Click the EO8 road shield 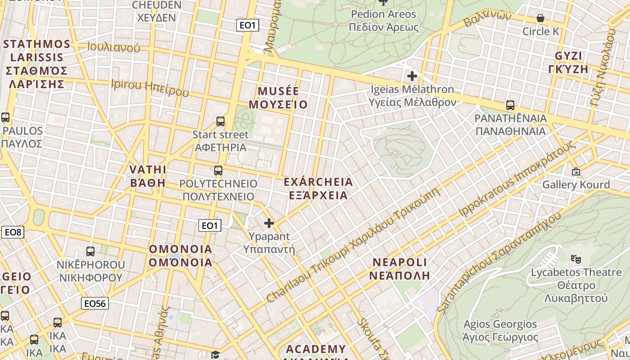click(x=13, y=232)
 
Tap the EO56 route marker click(x=95, y=303)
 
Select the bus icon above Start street click(x=220, y=121)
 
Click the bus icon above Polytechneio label click(x=218, y=171)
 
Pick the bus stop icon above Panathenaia click(x=510, y=105)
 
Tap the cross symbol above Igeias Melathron click(x=412, y=76)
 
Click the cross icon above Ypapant click(x=269, y=223)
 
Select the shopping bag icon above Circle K click(x=540, y=18)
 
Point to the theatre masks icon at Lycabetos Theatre click(x=575, y=259)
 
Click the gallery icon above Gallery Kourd click(x=576, y=171)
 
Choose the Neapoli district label click(x=400, y=269)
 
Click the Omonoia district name click(x=180, y=256)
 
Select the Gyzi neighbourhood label click(x=569, y=63)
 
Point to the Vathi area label click(x=148, y=176)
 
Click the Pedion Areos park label click(x=384, y=21)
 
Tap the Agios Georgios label click(x=500, y=330)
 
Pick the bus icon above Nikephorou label click(x=90, y=252)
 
